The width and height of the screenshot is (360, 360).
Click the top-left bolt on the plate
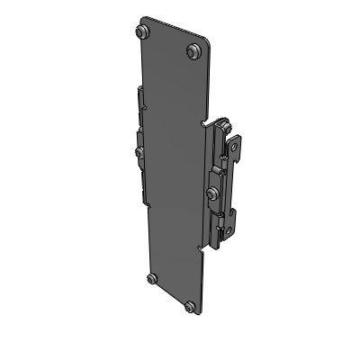141,32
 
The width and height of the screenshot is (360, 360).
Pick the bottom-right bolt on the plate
190,307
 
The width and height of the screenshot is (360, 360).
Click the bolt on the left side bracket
139,151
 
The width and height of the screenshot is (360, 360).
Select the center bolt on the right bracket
211,193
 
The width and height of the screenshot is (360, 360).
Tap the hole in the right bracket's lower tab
233,216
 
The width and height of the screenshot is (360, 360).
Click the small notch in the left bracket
139,130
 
